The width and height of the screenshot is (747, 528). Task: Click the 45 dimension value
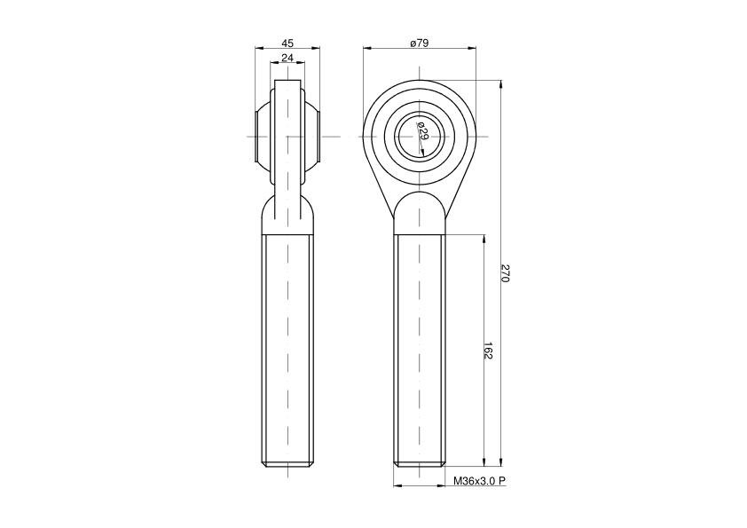click(287, 43)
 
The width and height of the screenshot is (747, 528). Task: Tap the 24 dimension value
click(287, 59)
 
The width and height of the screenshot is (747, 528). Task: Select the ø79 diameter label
click(420, 43)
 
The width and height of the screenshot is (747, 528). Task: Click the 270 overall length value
click(506, 273)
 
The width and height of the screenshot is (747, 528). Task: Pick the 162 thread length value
click(488, 351)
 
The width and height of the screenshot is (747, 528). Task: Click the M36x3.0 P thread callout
click(479, 481)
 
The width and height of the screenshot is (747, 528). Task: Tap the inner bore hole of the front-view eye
click(420, 137)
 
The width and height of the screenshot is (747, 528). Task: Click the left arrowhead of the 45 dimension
click(260, 48)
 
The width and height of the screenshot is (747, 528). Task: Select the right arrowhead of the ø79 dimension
click(471, 48)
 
